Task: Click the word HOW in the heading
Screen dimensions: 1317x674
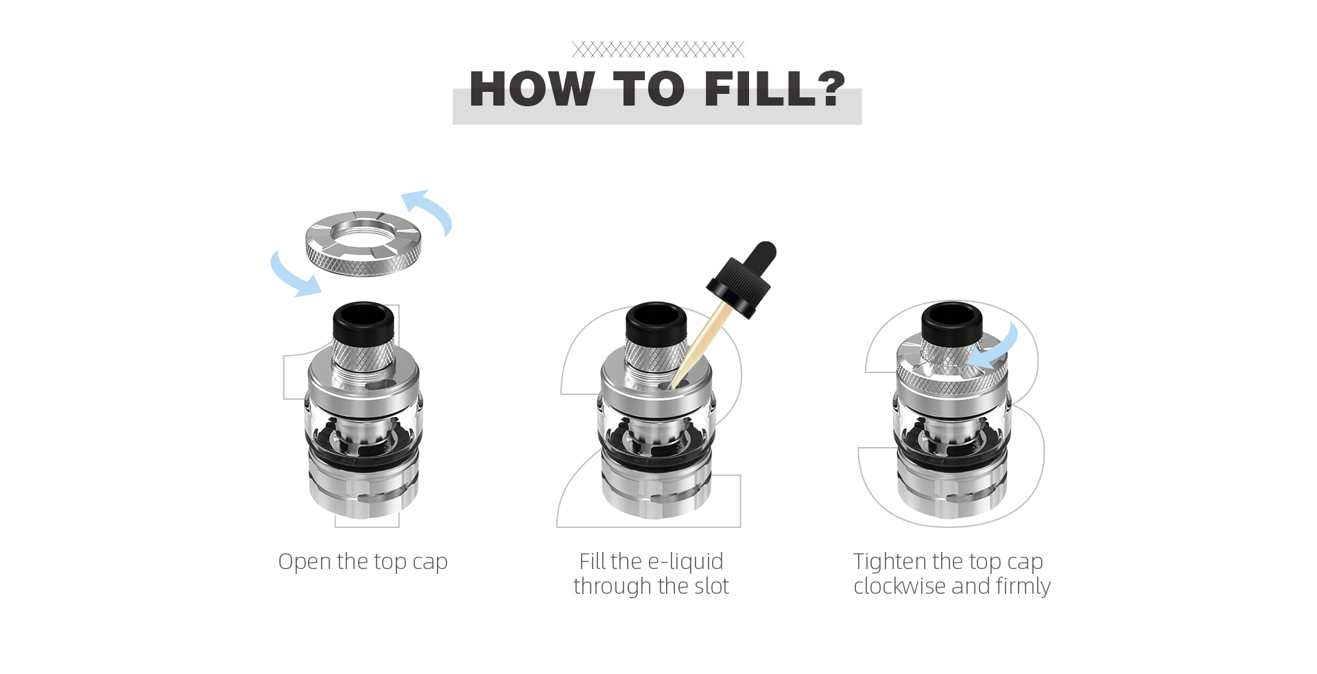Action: [x=532, y=89]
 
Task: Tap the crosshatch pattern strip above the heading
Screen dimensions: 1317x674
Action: [x=658, y=49]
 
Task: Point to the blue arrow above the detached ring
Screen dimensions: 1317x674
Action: [x=429, y=209]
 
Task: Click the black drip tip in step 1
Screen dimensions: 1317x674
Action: [x=364, y=321]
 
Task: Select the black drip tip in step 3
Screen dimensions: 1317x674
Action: [x=951, y=321]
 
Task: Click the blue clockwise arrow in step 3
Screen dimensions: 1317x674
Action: [x=995, y=350]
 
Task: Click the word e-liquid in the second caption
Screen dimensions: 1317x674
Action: [x=685, y=562]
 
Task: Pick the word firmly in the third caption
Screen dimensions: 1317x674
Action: [x=1023, y=587]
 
